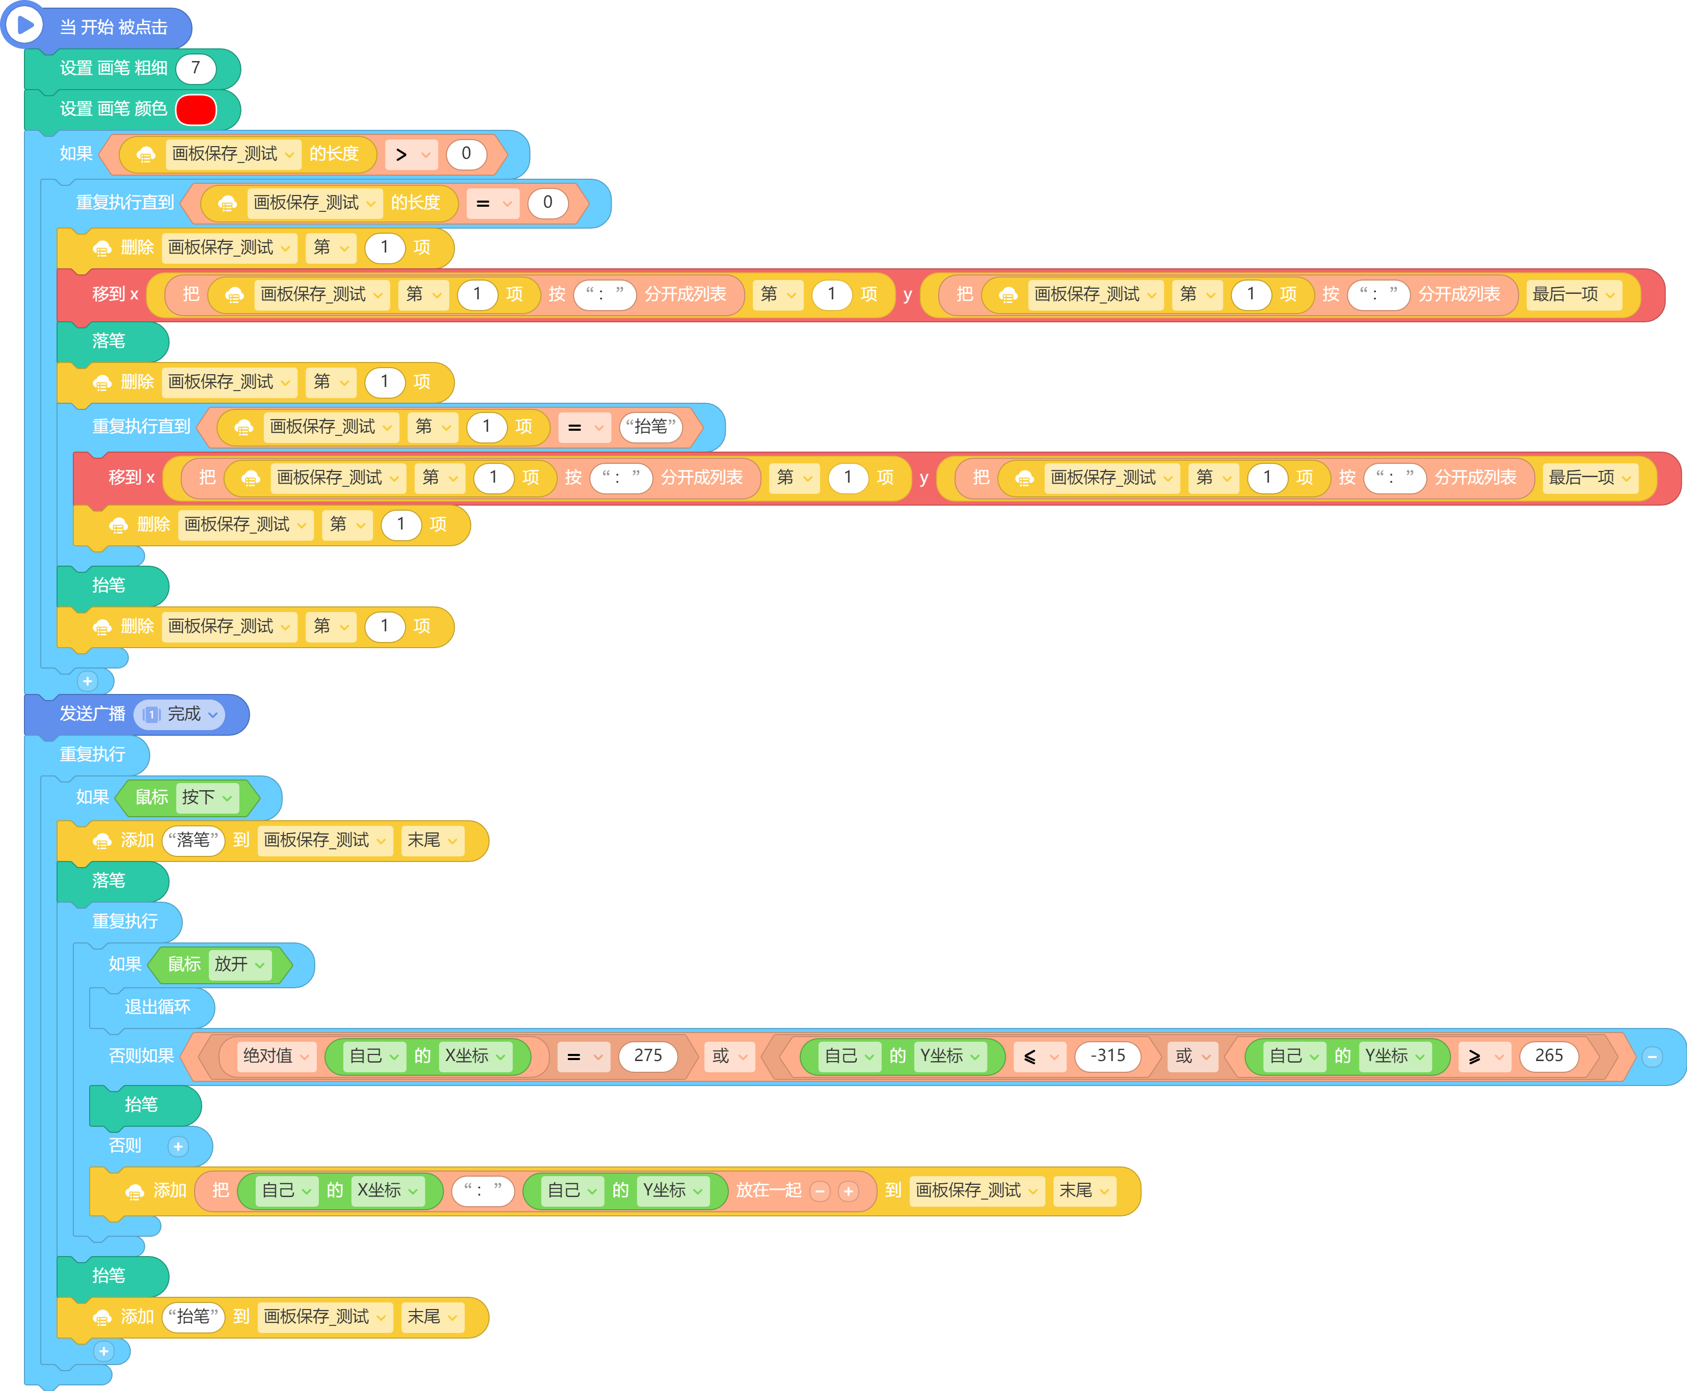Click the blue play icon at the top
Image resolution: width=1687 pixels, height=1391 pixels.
pos(24,25)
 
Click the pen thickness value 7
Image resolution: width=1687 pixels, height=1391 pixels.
pos(196,68)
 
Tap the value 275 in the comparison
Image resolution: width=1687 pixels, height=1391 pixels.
pos(647,1056)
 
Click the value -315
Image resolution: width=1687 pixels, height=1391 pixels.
pos(1107,1056)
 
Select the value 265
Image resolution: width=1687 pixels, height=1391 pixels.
pos(1548,1056)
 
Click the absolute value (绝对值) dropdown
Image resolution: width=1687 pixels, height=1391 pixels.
pos(276,1056)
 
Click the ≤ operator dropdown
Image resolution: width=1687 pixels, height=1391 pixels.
pos(1040,1056)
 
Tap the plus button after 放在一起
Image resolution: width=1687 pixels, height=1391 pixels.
pos(849,1191)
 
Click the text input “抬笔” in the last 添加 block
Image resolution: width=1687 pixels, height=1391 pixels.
pos(193,1317)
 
